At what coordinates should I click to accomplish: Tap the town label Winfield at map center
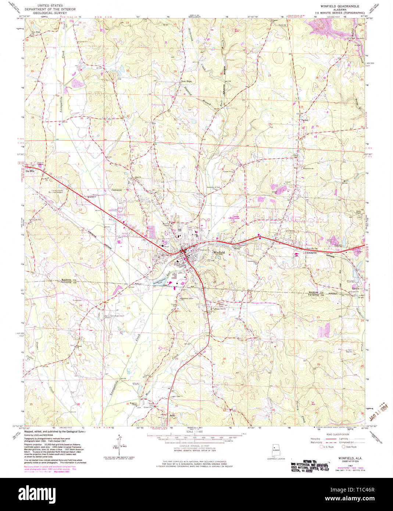(x=219, y=253)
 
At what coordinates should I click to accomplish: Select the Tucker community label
(x=304, y=120)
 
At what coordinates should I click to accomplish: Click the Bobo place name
(x=172, y=416)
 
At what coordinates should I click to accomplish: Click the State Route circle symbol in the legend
(x=344, y=447)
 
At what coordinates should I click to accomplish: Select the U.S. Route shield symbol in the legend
(x=321, y=447)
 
